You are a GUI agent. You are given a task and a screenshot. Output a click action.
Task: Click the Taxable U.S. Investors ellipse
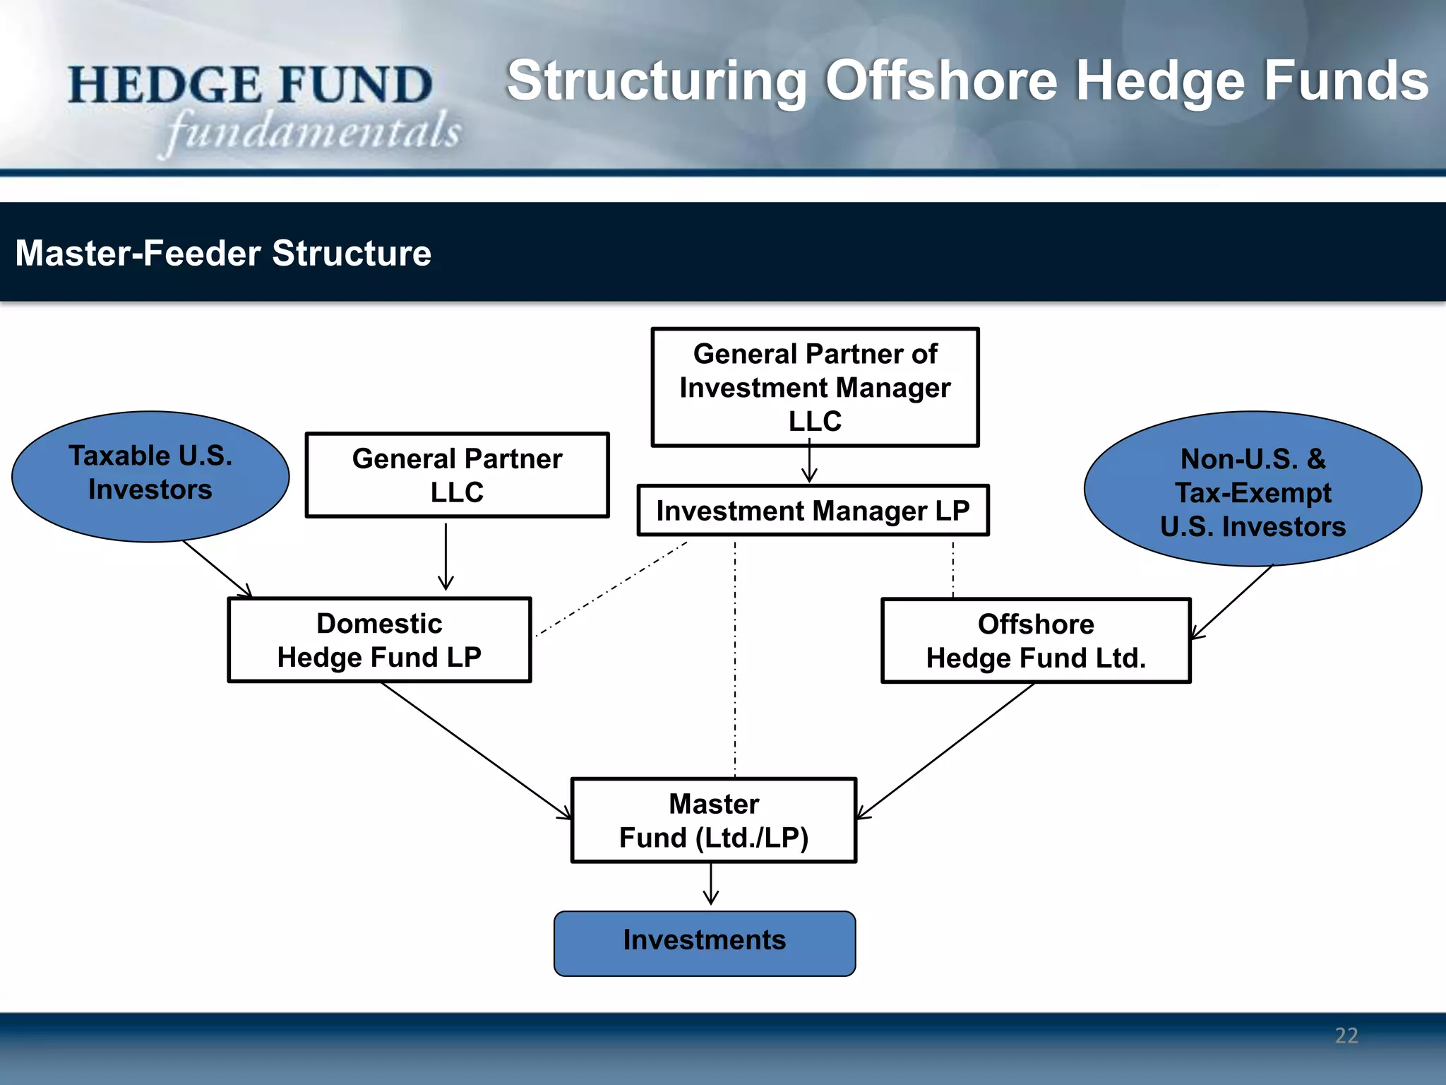pos(150,476)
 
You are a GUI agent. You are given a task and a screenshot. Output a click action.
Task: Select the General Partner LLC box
pos(457,475)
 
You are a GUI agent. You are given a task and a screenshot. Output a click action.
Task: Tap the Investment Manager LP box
pos(813,510)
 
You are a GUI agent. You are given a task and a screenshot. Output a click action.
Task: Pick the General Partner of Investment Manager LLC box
pos(815,386)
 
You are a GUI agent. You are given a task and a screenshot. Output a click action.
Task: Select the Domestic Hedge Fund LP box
pos(379,640)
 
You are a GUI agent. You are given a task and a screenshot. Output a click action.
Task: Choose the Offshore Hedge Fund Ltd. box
pos(1036,641)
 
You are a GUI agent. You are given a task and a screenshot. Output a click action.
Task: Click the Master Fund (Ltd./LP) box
pos(714,820)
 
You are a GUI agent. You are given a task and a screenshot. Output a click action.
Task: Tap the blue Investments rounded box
pos(705,942)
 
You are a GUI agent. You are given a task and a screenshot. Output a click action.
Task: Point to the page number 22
pos(1346,1036)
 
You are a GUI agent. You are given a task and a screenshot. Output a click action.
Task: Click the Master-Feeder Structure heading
pos(223,253)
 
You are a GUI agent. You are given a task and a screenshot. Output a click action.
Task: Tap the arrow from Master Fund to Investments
pos(711,884)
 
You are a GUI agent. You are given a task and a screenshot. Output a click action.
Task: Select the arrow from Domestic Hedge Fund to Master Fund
pos(477,750)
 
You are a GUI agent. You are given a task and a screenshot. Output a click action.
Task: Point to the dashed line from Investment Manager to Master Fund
pos(735,657)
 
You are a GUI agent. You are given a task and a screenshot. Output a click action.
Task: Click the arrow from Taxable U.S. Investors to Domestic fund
pos(217,568)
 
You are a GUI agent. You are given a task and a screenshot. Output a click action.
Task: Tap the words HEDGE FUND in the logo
pos(251,85)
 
